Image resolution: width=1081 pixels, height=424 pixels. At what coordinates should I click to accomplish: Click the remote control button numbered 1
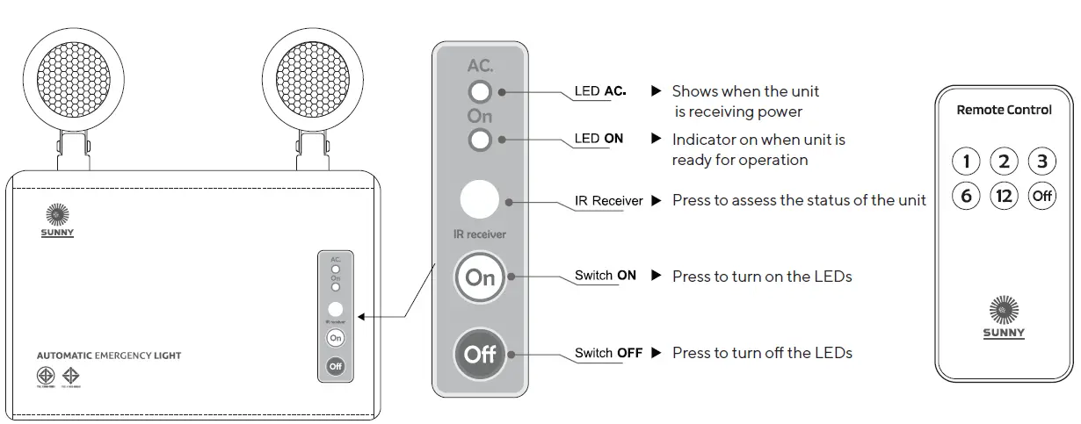point(966,162)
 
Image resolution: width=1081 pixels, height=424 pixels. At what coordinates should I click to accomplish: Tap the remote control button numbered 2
point(1004,162)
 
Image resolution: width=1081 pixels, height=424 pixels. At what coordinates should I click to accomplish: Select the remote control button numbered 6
point(966,196)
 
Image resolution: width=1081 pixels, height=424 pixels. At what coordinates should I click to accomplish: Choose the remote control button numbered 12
point(1004,196)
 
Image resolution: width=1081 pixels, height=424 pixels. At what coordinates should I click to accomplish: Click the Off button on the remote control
point(1041,196)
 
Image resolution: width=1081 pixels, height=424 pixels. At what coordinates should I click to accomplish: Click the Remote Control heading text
point(1004,110)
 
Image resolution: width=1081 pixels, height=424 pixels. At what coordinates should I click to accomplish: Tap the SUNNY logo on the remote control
point(1004,317)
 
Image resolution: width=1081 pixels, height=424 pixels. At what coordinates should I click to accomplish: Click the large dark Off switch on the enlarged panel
point(480,355)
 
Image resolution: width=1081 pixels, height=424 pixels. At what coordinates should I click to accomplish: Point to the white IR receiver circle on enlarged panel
point(480,200)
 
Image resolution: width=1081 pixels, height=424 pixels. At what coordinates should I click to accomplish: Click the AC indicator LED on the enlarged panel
point(480,91)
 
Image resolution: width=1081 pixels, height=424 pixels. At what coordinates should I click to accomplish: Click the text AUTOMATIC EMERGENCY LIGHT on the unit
point(109,356)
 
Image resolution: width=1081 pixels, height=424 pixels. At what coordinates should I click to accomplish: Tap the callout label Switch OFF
point(608,353)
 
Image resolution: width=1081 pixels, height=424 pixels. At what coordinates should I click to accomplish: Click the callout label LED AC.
point(600,90)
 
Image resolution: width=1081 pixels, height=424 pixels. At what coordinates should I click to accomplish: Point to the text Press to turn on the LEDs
point(762,277)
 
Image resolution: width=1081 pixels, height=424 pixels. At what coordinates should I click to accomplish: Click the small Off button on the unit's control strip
point(335,365)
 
